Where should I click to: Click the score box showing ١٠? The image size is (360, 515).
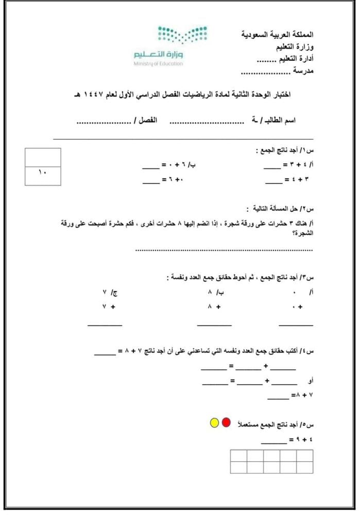[43, 175]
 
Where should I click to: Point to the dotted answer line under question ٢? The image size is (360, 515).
[224, 250]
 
